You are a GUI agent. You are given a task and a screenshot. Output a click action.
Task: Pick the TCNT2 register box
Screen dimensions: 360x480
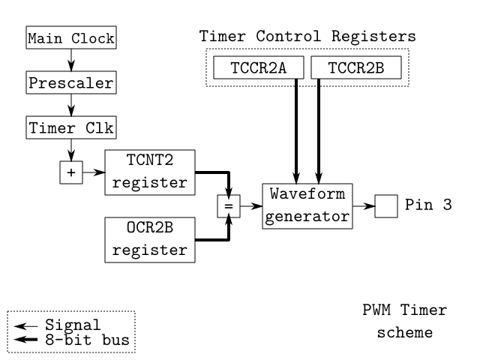point(149,172)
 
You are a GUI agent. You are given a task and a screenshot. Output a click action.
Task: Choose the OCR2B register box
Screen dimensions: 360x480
point(149,238)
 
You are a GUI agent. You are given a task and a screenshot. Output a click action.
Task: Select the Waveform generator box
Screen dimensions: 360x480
point(307,205)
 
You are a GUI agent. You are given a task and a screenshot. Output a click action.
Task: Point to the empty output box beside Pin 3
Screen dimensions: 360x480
point(385,205)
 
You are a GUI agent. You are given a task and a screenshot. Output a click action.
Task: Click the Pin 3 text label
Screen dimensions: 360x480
point(427,205)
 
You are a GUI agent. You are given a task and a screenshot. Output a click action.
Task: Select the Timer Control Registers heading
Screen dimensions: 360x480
point(307,35)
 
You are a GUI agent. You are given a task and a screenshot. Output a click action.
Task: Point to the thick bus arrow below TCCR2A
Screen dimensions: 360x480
point(298,127)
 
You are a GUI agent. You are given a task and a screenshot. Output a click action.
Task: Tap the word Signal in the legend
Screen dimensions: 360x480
point(72,325)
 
